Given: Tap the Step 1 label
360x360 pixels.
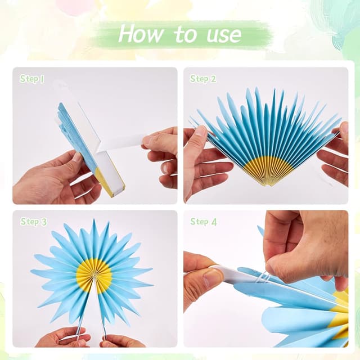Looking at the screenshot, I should (x=31, y=79).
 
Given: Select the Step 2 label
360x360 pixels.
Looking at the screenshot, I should (x=203, y=79).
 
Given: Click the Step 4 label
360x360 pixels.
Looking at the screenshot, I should (x=204, y=222).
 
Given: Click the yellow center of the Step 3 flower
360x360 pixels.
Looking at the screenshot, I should (x=94, y=275).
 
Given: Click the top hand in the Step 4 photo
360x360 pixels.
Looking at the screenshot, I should (x=304, y=242).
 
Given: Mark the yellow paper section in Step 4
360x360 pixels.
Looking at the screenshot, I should (x=340, y=315).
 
